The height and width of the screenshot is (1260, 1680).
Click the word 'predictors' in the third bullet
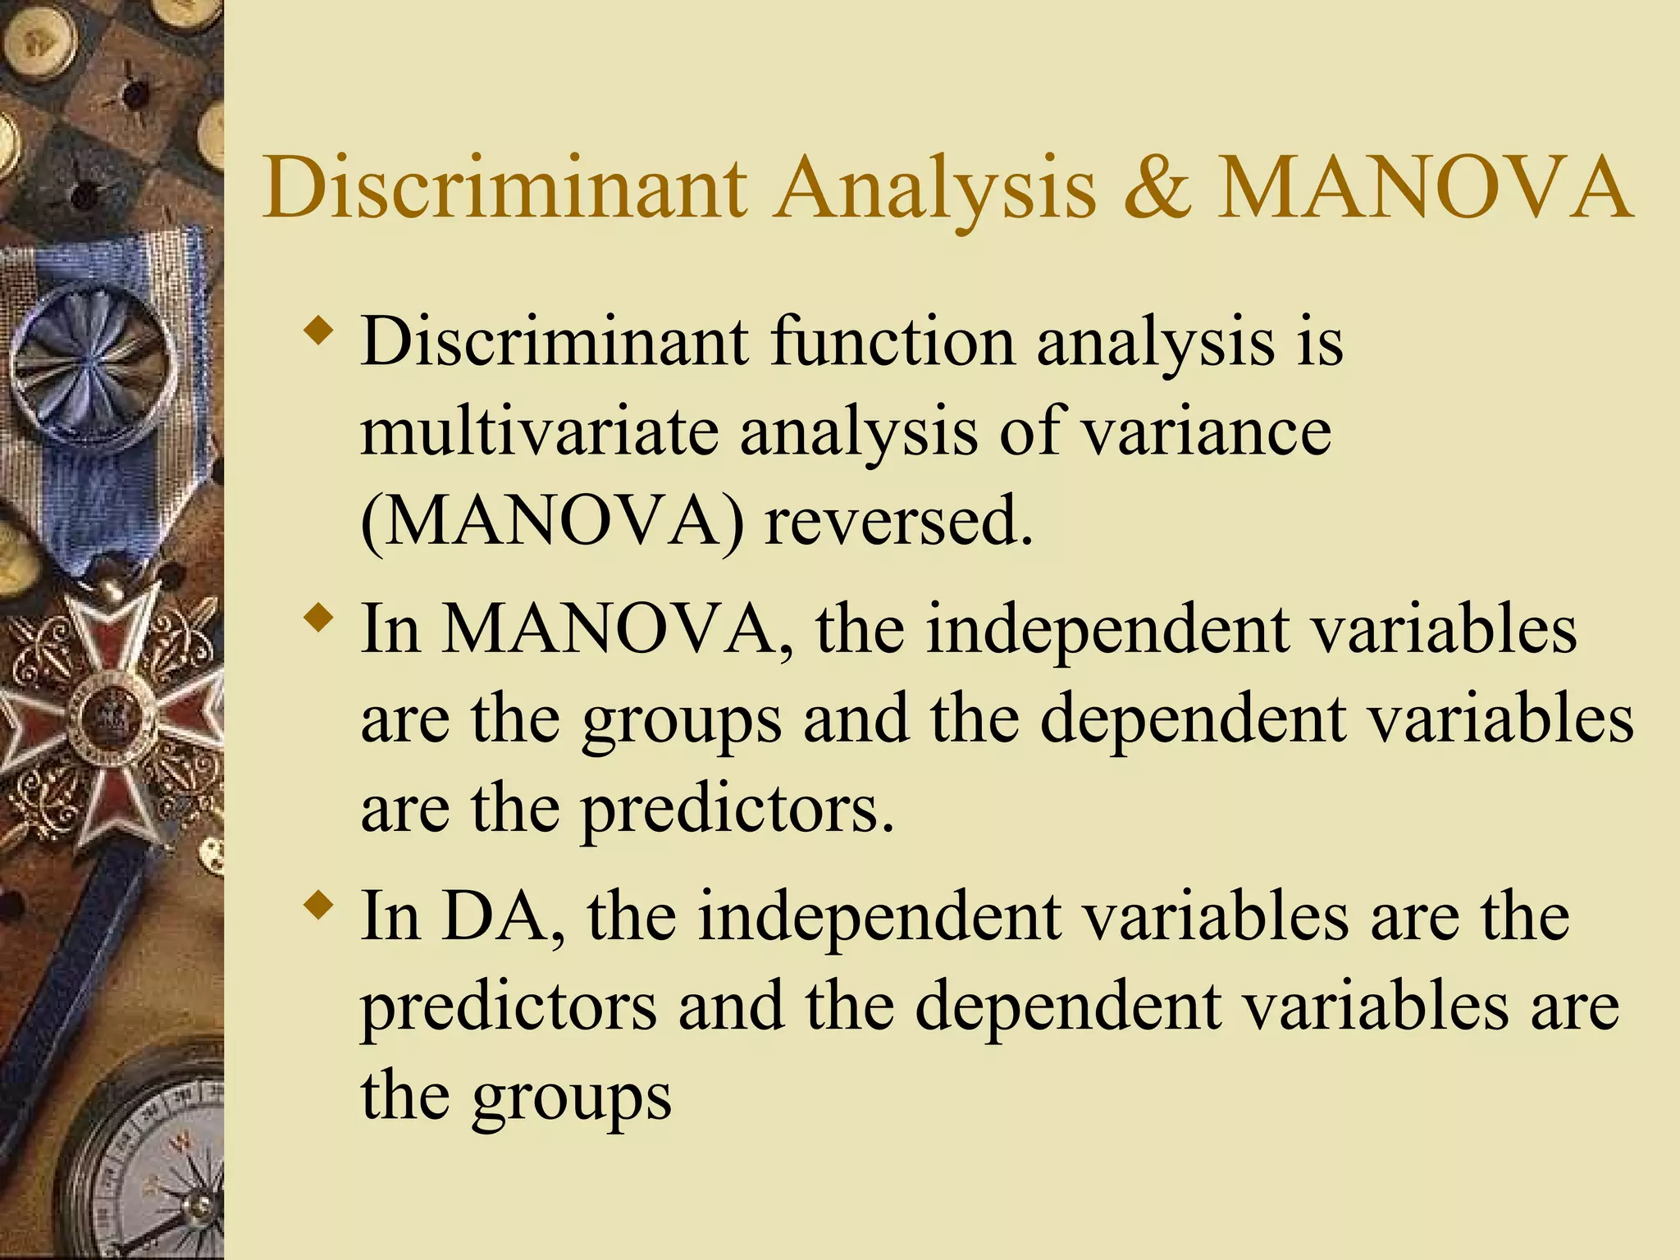(x=509, y=1008)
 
